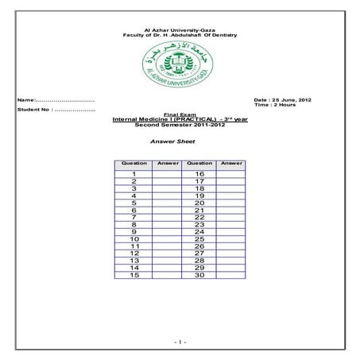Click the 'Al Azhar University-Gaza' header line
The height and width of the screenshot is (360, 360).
(x=180, y=29)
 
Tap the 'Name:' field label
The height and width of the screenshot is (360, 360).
(x=27, y=100)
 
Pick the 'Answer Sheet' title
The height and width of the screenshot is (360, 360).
(x=173, y=141)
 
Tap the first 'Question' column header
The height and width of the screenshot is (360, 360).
(x=134, y=164)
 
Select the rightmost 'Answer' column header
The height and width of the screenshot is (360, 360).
(x=230, y=164)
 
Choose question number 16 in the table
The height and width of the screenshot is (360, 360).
(x=199, y=174)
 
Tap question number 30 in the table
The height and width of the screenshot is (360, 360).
(x=199, y=276)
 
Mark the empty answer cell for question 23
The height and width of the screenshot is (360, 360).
(x=230, y=225)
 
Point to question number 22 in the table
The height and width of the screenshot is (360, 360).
(x=199, y=218)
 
